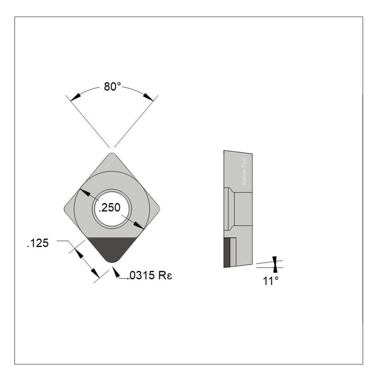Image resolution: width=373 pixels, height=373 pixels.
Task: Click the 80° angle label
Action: click(112, 87)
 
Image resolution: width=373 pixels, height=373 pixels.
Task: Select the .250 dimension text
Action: click(110, 208)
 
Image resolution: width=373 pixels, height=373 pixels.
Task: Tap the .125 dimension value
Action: click(37, 243)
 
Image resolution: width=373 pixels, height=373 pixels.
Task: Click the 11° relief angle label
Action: click(270, 281)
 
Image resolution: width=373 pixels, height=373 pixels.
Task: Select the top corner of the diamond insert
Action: click(112, 154)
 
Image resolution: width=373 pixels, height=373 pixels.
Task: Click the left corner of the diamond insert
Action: click(66, 208)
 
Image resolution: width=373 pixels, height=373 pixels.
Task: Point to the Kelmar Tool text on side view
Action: click(245, 172)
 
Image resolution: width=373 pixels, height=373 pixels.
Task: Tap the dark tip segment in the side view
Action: click(227, 252)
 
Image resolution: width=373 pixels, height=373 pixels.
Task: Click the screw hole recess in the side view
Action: click(242, 209)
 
